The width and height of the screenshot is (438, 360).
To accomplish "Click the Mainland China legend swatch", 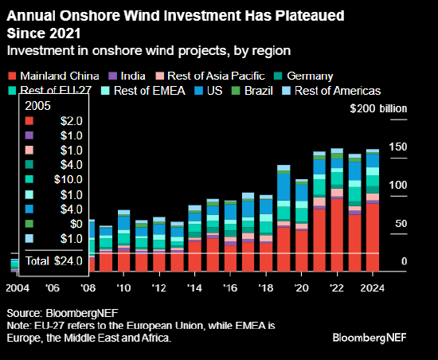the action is coord(12,76).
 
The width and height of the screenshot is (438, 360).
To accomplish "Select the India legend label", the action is coord(133,76).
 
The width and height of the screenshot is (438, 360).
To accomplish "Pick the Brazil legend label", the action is coord(258,91).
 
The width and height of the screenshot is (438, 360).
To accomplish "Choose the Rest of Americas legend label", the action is coord(338,91).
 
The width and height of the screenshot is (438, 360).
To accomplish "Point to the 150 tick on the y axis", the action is coord(397,147).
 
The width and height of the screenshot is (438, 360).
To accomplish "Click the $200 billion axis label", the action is coord(378,108).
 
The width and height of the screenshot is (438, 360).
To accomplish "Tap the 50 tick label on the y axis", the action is coord(401,224).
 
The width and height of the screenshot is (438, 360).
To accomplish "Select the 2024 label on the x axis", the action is coord(372,288).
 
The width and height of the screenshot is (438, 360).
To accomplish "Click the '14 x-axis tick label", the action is coord(194,288).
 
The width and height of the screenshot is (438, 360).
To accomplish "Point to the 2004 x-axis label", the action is coord(18,288).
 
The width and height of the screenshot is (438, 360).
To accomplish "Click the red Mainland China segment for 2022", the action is coord(337,235).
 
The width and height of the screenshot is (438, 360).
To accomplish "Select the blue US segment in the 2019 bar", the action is coord(284,187).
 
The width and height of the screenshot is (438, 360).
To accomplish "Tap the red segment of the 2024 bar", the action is coord(373,237).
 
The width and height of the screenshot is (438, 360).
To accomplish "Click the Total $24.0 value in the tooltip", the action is coord(54,261).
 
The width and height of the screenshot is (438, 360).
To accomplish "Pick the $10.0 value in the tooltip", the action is coord(68,179).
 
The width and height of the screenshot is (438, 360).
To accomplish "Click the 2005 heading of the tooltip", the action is coord(37,106).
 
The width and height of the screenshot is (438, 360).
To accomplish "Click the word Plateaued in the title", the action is coord(310,16).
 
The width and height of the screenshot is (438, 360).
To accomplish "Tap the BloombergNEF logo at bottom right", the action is coord(370,338).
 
